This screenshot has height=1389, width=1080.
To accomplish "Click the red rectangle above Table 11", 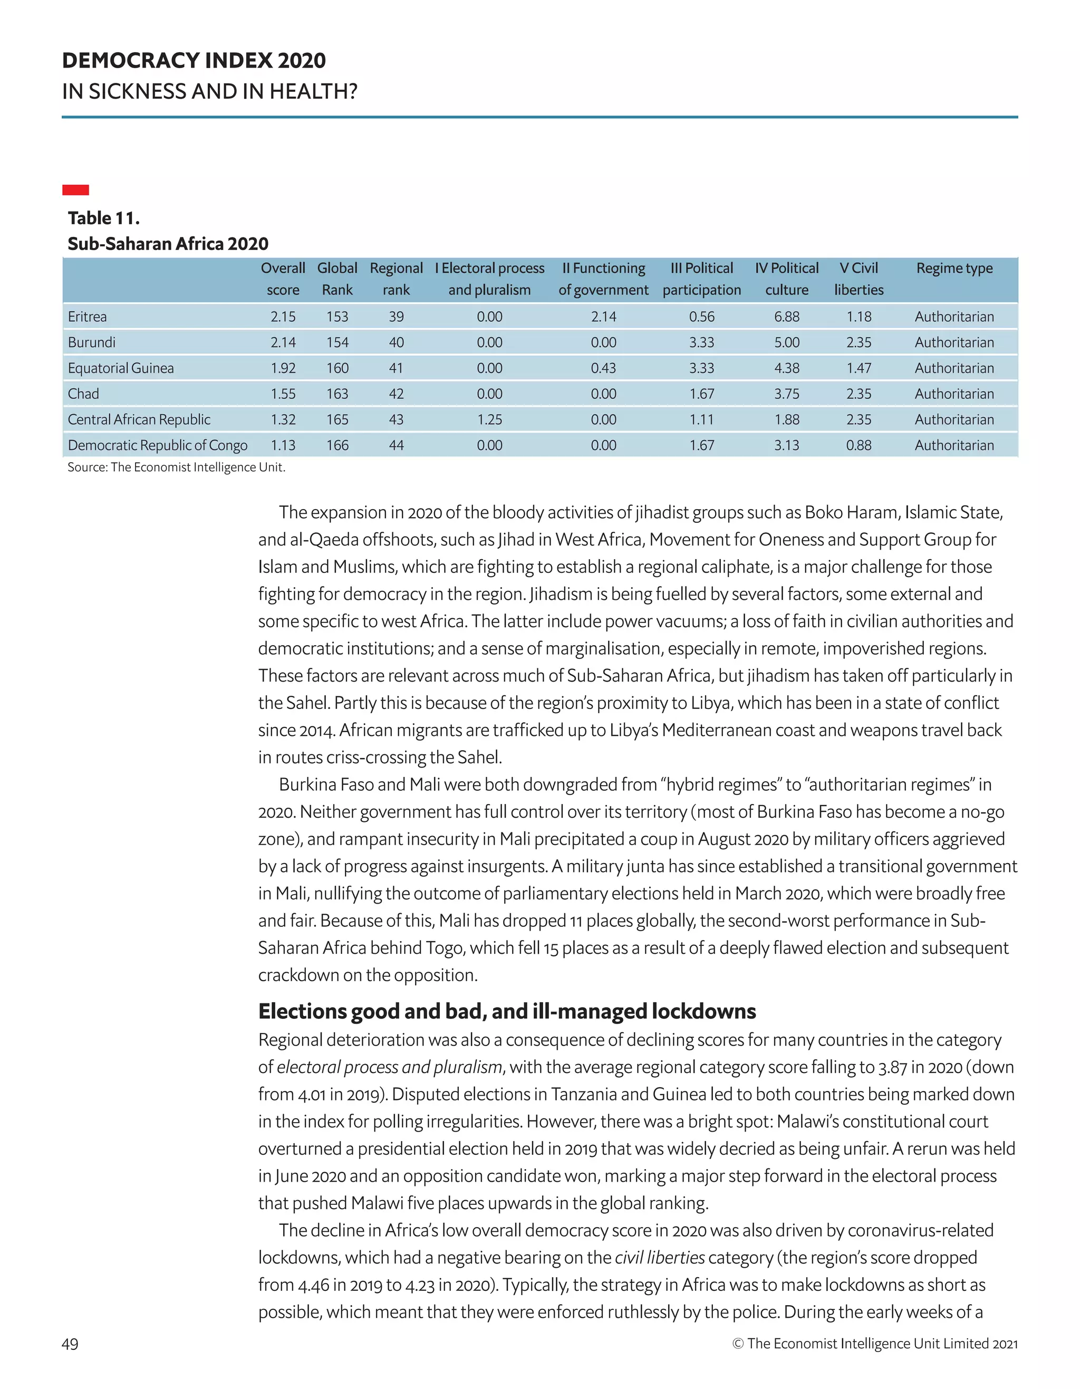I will pyautogui.click(x=75, y=189).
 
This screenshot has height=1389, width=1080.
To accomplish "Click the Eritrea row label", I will pyautogui.click(x=87, y=317).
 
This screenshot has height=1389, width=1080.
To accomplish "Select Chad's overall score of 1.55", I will pyautogui.click(x=283, y=394).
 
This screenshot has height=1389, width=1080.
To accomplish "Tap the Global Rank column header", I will pyautogui.click(x=337, y=279).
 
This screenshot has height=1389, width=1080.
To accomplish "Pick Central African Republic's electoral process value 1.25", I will pyautogui.click(x=489, y=420).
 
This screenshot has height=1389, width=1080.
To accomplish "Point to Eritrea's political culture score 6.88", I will pyautogui.click(x=786, y=317).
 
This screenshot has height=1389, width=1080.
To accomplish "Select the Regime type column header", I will pyautogui.click(x=954, y=269).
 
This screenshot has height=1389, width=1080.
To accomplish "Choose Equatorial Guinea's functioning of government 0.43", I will pyautogui.click(x=603, y=368).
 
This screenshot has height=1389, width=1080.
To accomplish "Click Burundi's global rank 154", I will pyautogui.click(x=337, y=342).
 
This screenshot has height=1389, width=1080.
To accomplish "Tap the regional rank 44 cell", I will pyautogui.click(x=396, y=445).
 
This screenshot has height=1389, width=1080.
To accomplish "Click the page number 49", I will pyautogui.click(x=70, y=1344).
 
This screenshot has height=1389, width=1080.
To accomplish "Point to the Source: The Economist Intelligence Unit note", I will pyautogui.click(x=176, y=467).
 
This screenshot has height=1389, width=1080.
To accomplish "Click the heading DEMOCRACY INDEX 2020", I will pyautogui.click(x=194, y=61).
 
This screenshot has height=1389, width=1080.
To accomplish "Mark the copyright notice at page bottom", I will pyautogui.click(x=875, y=1344).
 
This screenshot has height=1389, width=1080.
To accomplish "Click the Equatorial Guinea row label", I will pyautogui.click(x=121, y=368).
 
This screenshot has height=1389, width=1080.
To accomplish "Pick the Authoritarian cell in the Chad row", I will pyautogui.click(x=954, y=394).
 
